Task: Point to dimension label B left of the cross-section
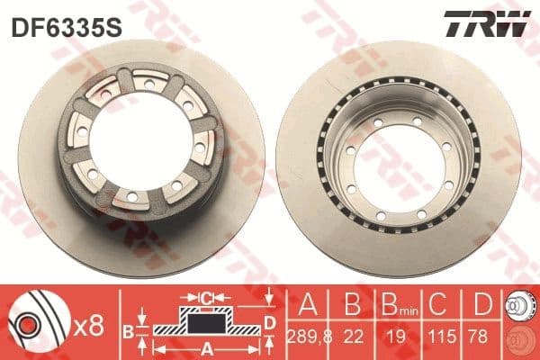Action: [x=129, y=331]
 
